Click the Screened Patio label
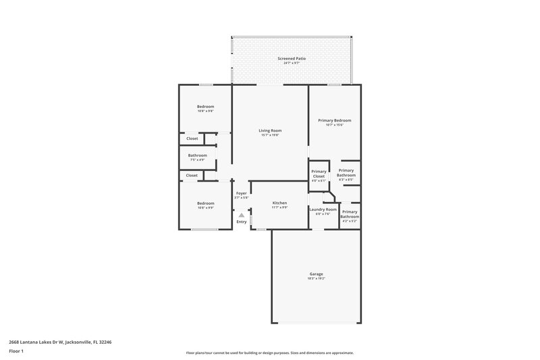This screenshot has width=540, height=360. click(x=292, y=59)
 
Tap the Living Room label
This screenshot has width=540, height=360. click(x=270, y=130)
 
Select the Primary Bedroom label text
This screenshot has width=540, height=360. click(x=335, y=120)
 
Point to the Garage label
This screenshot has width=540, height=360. click(x=316, y=274)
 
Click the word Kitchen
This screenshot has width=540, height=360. click(x=279, y=203)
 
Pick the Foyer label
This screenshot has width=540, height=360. click(x=241, y=193)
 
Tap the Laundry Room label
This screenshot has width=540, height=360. click(x=323, y=209)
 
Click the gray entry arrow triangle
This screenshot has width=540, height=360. click(x=241, y=215)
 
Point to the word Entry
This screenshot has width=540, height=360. click(x=241, y=222)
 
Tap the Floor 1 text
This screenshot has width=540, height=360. click(x=17, y=351)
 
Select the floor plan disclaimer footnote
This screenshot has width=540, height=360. click(x=269, y=353)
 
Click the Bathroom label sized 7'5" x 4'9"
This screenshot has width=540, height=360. click(x=198, y=155)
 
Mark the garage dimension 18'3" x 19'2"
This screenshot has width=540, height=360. click(x=316, y=278)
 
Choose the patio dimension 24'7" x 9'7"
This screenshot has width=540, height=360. click(x=292, y=63)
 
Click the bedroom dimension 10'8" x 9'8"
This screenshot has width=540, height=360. click(x=205, y=111)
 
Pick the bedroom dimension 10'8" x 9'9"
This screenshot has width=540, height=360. click(x=205, y=208)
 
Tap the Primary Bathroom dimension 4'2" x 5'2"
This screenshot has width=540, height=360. click(x=350, y=221)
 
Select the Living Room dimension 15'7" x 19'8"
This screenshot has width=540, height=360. click(x=270, y=135)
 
